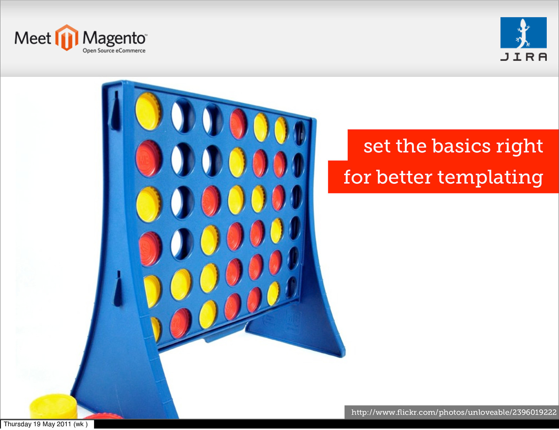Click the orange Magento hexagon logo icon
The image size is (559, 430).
67,37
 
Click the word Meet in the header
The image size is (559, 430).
33,38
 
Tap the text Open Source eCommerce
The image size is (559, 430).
114,51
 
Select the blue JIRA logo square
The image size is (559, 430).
523,32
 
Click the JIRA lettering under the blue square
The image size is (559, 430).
523,57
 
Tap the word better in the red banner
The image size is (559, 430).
404,177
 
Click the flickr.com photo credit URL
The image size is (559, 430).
454,412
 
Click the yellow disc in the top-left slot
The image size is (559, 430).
148,111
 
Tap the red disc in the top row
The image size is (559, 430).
238,124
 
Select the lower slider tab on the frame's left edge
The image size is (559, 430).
118,289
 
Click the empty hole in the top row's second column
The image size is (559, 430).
182,116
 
